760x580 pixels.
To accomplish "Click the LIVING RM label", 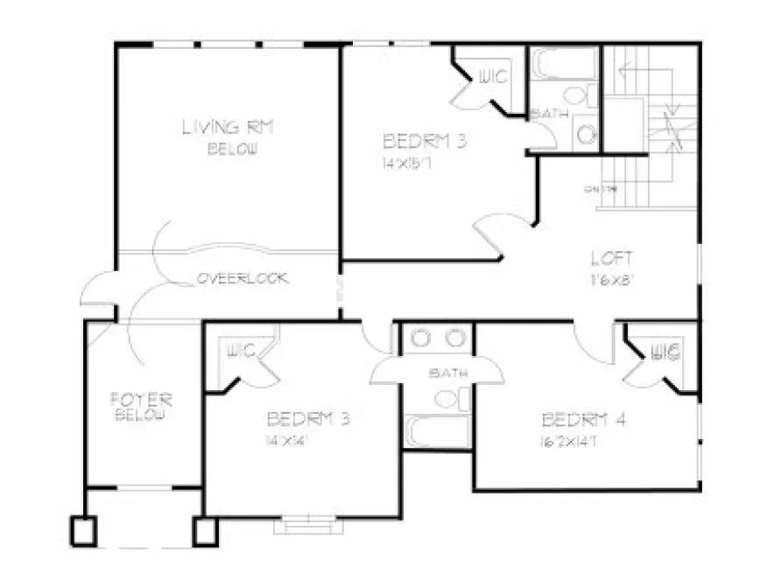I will [228, 127].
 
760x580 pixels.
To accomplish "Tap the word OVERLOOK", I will [243, 278].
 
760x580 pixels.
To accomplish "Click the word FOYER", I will [141, 400].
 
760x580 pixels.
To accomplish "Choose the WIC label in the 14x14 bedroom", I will [242, 352].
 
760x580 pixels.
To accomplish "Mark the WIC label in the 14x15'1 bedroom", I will [492, 78].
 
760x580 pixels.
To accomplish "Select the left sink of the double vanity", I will [419, 339].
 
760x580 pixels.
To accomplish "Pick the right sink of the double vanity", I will [454, 339].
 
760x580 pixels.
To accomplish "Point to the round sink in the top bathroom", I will [585, 133].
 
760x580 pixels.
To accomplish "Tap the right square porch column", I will [207, 530].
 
